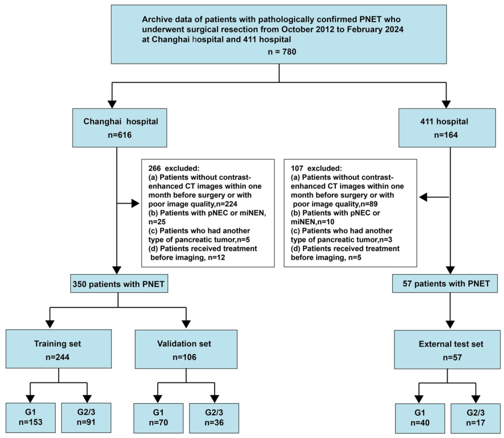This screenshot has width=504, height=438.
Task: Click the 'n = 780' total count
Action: click(x=282, y=52)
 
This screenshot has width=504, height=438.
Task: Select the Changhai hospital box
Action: click(x=119, y=128)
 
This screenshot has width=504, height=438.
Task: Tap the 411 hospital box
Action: click(x=447, y=128)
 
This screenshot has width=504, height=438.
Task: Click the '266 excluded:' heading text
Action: click(x=174, y=168)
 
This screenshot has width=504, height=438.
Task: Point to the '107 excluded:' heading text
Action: click(x=316, y=168)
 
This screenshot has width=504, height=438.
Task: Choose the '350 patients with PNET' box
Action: click(x=119, y=284)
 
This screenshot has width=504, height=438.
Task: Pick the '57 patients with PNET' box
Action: click(x=445, y=284)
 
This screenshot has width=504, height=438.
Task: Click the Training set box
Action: click(x=58, y=349)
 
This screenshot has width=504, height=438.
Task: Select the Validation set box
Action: click(x=186, y=349)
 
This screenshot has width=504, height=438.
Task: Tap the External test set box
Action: click(x=448, y=349)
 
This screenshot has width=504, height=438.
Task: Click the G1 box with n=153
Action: click(x=30, y=418)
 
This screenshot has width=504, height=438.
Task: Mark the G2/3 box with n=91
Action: click(x=86, y=418)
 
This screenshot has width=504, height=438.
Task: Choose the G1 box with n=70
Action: click(x=159, y=418)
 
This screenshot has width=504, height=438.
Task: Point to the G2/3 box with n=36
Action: click(x=214, y=418)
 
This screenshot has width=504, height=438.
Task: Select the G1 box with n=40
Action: click(x=420, y=418)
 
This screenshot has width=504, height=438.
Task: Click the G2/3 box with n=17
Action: click(x=476, y=418)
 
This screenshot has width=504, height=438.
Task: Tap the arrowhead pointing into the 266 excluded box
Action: click(x=135, y=204)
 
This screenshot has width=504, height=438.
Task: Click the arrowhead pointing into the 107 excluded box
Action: click(x=423, y=197)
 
